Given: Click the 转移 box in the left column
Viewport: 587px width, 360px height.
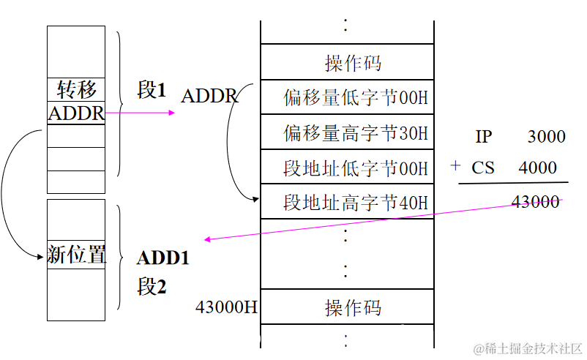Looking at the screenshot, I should click(76, 90).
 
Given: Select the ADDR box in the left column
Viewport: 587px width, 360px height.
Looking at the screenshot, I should click(76, 113).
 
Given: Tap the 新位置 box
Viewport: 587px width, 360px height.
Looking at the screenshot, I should click(76, 255).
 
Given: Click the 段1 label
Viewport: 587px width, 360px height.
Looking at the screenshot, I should click(152, 90).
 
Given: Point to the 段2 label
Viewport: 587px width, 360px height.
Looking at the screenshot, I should click(152, 286).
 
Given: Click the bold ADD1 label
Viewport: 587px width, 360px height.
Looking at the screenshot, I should click(162, 258).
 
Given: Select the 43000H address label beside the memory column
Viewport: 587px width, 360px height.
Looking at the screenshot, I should click(226, 307).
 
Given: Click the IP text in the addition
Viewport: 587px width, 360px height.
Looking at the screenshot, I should click(483, 136).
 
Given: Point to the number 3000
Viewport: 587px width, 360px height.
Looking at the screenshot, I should click(546, 136).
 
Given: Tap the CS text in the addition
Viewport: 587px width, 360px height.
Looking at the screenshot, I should click(483, 168).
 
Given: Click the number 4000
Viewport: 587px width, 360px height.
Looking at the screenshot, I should click(537, 168).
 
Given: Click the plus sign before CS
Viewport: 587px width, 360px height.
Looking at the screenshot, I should click(455, 166).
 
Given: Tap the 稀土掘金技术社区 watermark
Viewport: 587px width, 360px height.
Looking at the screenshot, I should click(527, 347).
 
